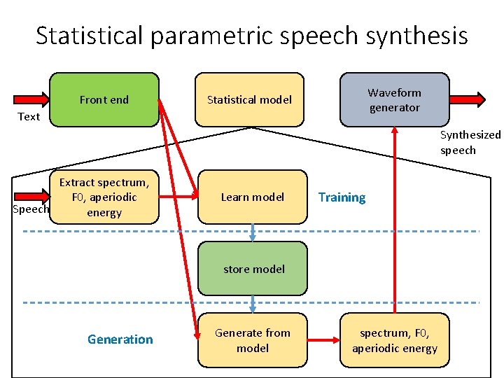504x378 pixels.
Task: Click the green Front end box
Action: (x=104, y=100)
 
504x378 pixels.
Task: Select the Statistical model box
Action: (x=249, y=100)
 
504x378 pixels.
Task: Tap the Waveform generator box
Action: (x=394, y=100)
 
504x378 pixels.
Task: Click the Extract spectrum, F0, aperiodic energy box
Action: (x=104, y=197)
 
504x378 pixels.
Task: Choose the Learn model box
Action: (x=252, y=197)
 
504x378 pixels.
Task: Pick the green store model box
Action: (x=253, y=269)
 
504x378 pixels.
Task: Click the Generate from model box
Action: (x=252, y=340)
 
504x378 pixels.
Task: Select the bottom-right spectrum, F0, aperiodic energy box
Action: (x=394, y=340)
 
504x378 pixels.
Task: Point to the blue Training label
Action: (x=342, y=197)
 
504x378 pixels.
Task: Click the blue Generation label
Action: (x=120, y=339)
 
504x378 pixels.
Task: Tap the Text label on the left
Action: (x=29, y=117)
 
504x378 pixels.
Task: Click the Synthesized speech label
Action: (x=470, y=142)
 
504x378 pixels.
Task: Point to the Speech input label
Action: (x=31, y=209)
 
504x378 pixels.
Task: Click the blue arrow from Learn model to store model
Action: (x=253, y=232)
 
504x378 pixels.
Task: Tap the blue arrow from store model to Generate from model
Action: (x=253, y=304)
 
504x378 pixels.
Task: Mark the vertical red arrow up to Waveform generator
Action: (x=395, y=224)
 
